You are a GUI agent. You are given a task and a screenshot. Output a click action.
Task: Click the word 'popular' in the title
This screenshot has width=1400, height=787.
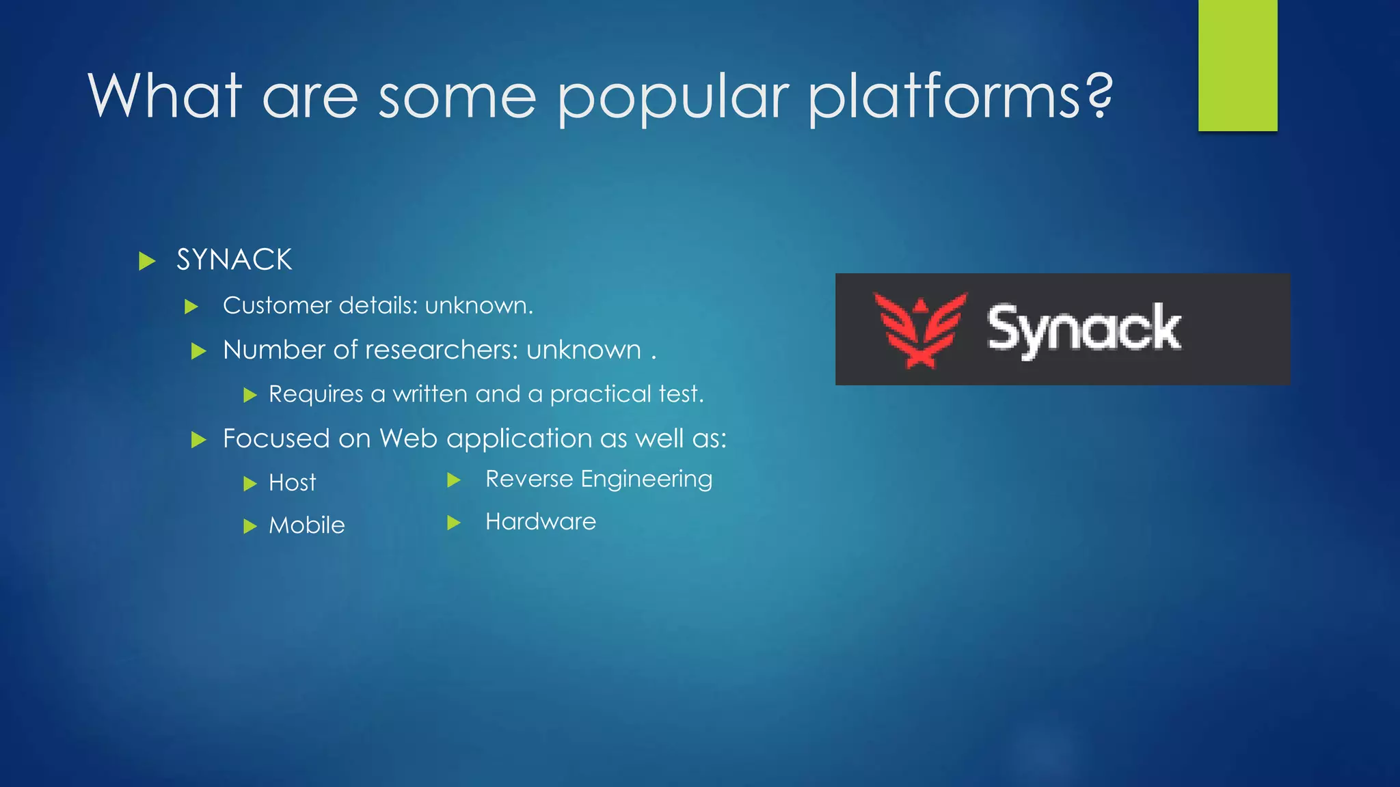pyautogui.click(x=673, y=97)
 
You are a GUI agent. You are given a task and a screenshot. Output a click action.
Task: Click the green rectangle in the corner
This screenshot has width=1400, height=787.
pyautogui.click(x=1237, y=65)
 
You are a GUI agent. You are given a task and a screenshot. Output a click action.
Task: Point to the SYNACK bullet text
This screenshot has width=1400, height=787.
pyautogui.click(x=234, y=260)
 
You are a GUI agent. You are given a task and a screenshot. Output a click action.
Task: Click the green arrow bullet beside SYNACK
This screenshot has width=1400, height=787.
pyautogui.click(x=147, y=261)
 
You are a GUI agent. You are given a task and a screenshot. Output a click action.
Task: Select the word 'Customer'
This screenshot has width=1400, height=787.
pyautogui.click(x=278, y=305)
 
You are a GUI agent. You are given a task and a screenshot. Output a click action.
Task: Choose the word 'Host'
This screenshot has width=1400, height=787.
pyautogui.click(x=293, y=483)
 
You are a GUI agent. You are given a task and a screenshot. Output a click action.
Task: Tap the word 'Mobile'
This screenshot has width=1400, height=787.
pyautogui.click(x=307, y=525)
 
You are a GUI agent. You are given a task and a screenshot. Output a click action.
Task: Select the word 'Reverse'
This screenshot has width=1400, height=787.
pyautogui.click(x=529, y=479)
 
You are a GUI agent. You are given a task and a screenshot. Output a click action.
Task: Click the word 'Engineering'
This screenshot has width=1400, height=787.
pyautogui.click(x=647, y=480)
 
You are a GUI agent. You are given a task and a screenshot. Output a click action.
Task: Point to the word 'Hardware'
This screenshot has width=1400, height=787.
pyautogui.click(x=541, y=522)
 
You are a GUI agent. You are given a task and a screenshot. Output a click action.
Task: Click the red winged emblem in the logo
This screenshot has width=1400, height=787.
pyautogui.click(x=920, y=329)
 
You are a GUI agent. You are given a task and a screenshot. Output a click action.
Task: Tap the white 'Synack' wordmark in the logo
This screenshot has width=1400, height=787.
pyautogui.click(x=1084, y=329)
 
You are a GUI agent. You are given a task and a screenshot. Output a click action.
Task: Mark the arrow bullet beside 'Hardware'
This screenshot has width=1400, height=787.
pyautogui.click(x=454, y=523)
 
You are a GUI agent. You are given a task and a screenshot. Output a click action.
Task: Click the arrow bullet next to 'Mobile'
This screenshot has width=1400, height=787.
pyautogui.click(x=250, y=526)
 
